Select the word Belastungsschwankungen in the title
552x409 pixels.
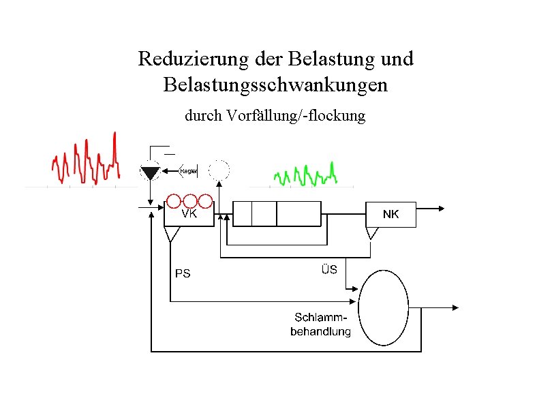point(275,85)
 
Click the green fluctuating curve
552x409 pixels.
point(305,176)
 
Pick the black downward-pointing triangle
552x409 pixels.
point(149,171)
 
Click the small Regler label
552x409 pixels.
point(188,171)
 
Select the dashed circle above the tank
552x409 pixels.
point(219,170)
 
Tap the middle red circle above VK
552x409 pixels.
point(190,201)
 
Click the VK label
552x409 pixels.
point(189,213)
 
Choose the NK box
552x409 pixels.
point(390,214)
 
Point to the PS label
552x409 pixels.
point(183,274)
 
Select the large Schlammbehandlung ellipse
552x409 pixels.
point(383,307)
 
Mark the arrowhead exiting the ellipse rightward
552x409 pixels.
point(454,307)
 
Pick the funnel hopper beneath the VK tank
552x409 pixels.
point(171,234)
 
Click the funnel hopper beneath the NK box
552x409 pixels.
point(372,233)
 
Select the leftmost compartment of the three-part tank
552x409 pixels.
point(243,213)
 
